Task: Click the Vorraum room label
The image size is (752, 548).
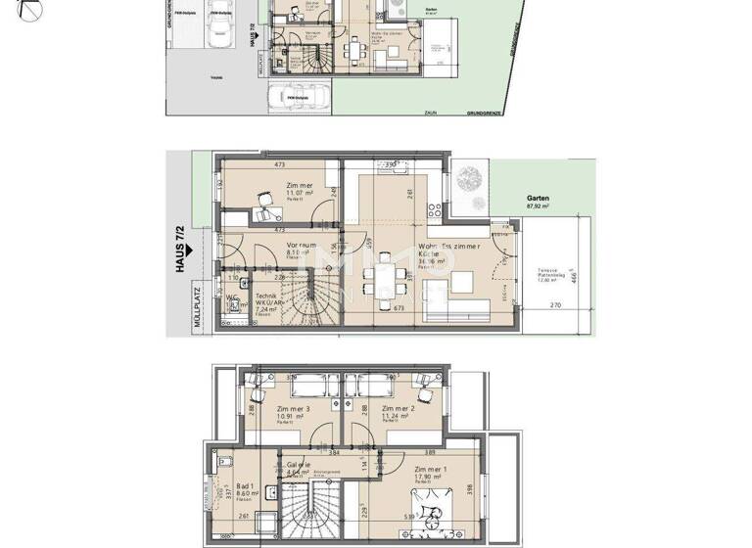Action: point(301,246)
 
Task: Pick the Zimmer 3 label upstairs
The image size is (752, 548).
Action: point(293,409)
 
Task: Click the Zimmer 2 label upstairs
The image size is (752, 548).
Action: point(399,409)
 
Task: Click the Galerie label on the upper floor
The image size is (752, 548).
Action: point(299,465)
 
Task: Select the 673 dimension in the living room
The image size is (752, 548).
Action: point(399,307)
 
